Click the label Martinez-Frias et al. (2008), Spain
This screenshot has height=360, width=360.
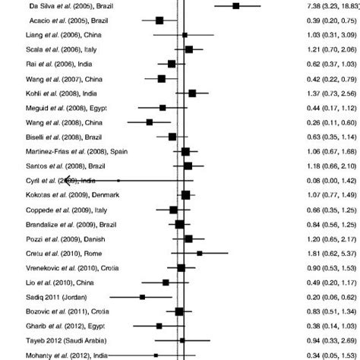[65, 151]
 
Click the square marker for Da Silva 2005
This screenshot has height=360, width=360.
[236, 5]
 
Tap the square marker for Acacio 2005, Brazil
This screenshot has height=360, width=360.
[159, 21]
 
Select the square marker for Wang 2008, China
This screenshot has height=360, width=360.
[150, 122]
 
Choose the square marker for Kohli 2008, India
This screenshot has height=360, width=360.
[192, 93]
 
